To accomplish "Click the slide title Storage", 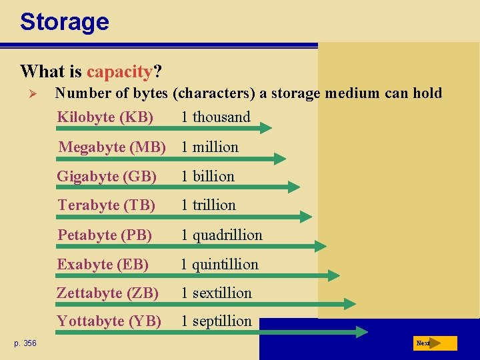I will point(64,22).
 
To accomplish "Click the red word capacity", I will point(119,71).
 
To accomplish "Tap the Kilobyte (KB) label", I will point(105,117).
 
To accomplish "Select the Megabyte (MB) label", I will point(112,147).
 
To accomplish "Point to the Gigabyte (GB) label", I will point(107,177).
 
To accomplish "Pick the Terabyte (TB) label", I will point(106,205).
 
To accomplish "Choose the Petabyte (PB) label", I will point(105,235).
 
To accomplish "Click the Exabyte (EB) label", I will point(103,264).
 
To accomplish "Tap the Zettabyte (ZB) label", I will point(107,293).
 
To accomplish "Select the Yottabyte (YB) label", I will point(109,321).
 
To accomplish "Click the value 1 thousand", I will point(215,117).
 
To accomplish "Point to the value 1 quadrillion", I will point(221,235).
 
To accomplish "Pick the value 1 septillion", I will point(216,321).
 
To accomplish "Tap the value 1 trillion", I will point(208,205).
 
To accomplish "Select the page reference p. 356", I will point(25,343).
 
